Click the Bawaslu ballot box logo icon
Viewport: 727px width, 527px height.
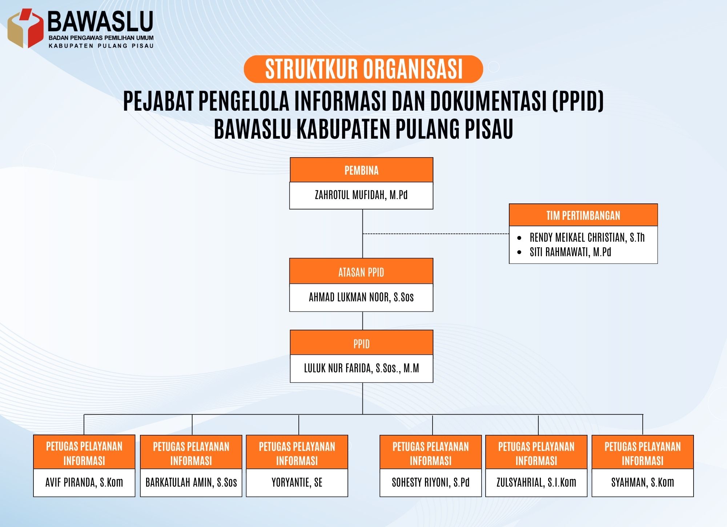coord(25,28)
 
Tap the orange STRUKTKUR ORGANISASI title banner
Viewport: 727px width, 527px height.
coord(363,69)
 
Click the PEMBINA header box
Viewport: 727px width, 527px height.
coord(361,170)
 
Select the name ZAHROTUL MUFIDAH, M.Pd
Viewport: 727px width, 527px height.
coord(361,195)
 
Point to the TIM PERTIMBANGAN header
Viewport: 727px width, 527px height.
coord(583,215)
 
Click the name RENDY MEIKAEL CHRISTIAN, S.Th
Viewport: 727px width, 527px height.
coord(587,238)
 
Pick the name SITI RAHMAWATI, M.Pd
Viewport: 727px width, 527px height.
coord(570,252)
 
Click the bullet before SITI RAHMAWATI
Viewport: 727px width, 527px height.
coord(519,252)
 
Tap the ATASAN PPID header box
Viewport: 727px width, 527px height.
coord(361,272)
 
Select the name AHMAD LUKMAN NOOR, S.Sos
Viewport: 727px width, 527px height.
coord(361,297)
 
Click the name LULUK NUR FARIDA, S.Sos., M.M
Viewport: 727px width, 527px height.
coord(361,368)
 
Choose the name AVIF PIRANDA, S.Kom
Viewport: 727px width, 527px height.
coord(84,483)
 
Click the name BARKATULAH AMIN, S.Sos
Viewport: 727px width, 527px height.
coord(191,483)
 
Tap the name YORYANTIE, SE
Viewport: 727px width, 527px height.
coord(297,483)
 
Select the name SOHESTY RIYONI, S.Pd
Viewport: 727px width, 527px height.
coord(431,483)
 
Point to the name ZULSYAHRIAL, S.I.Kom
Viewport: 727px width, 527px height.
coord(537,483)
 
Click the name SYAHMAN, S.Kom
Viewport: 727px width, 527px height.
coord(643,483)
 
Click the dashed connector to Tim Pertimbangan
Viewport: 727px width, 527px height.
coord(436,234)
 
